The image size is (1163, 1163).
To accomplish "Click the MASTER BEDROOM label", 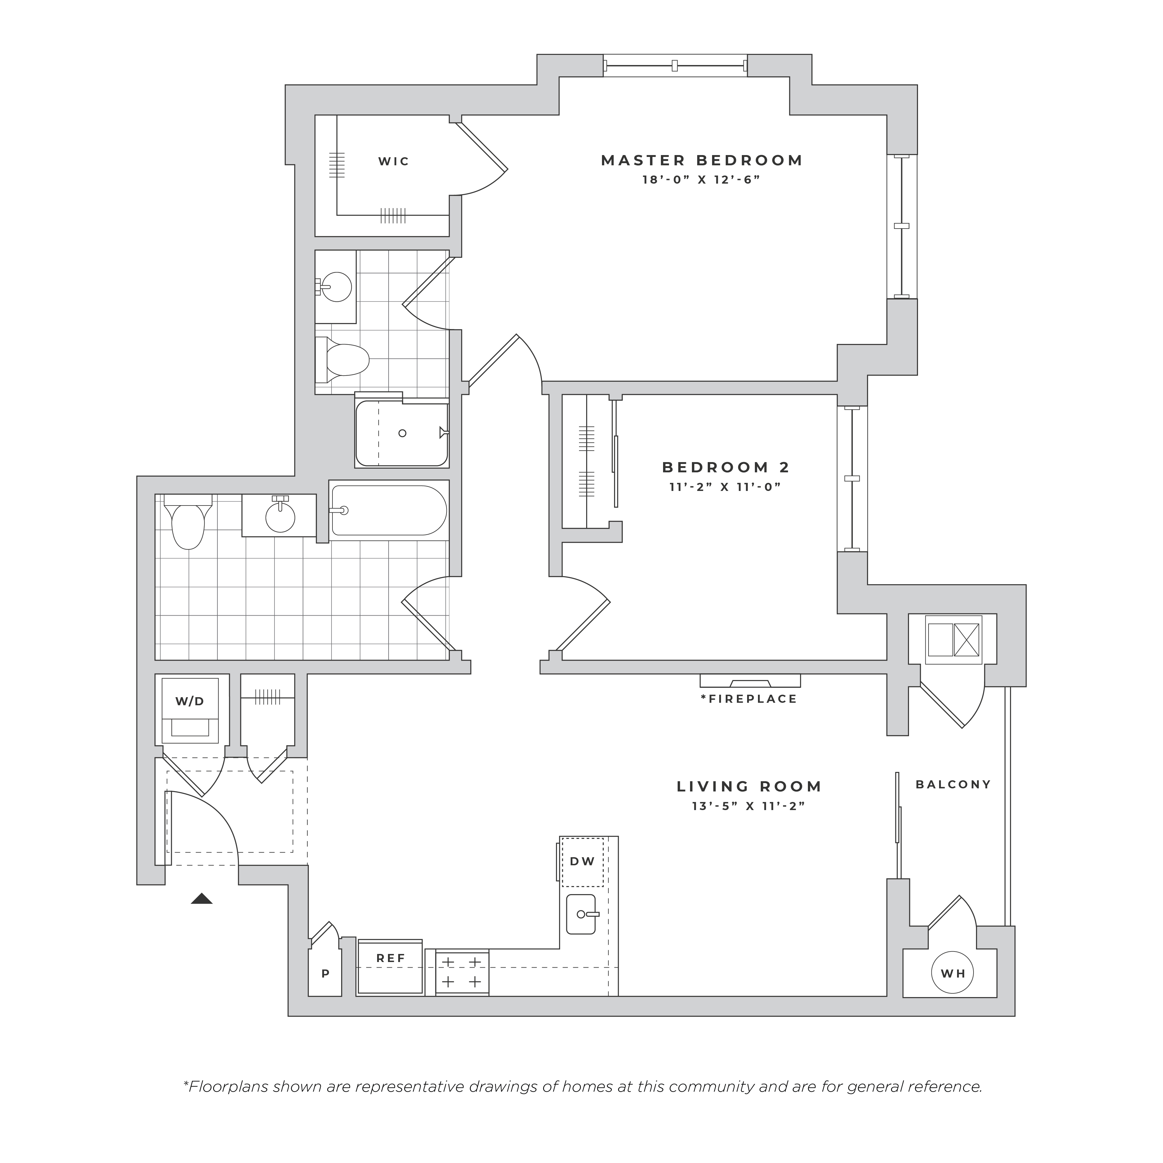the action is point(702,161).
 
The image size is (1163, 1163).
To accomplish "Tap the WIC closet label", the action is point(394,161).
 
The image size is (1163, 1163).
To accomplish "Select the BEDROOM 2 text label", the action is point(726,467).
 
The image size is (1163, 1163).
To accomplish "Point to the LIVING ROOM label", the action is point(750,786).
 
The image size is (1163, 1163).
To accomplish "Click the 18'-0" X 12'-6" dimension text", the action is point(702,179).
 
